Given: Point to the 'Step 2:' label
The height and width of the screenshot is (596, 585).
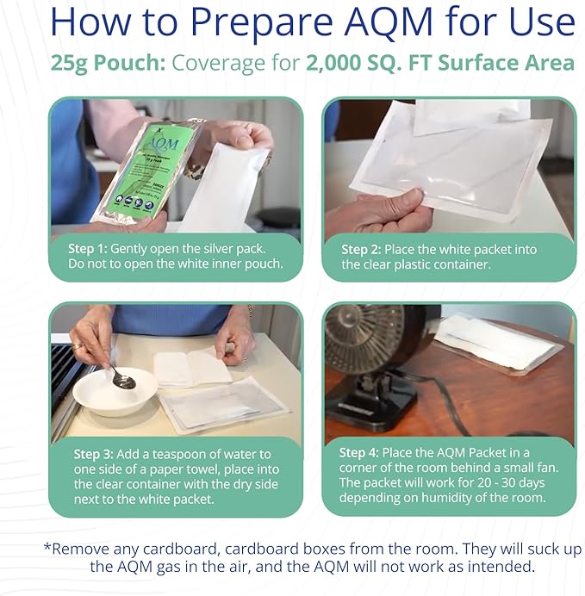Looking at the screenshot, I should (x=366, y=249).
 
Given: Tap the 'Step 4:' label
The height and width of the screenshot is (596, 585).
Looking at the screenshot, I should (x=365, y=452).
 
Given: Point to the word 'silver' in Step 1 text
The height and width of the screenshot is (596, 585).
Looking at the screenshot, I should (x=227, y=248).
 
